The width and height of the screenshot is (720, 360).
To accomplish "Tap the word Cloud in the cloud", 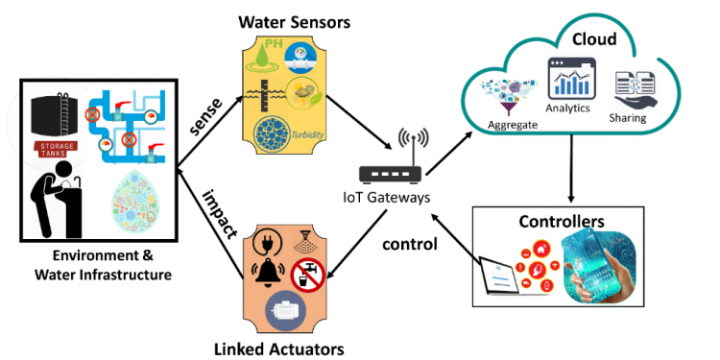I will coord(593,39).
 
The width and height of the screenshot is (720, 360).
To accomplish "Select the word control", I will coord(410,244).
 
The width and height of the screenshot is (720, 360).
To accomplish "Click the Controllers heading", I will coord(562,221).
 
